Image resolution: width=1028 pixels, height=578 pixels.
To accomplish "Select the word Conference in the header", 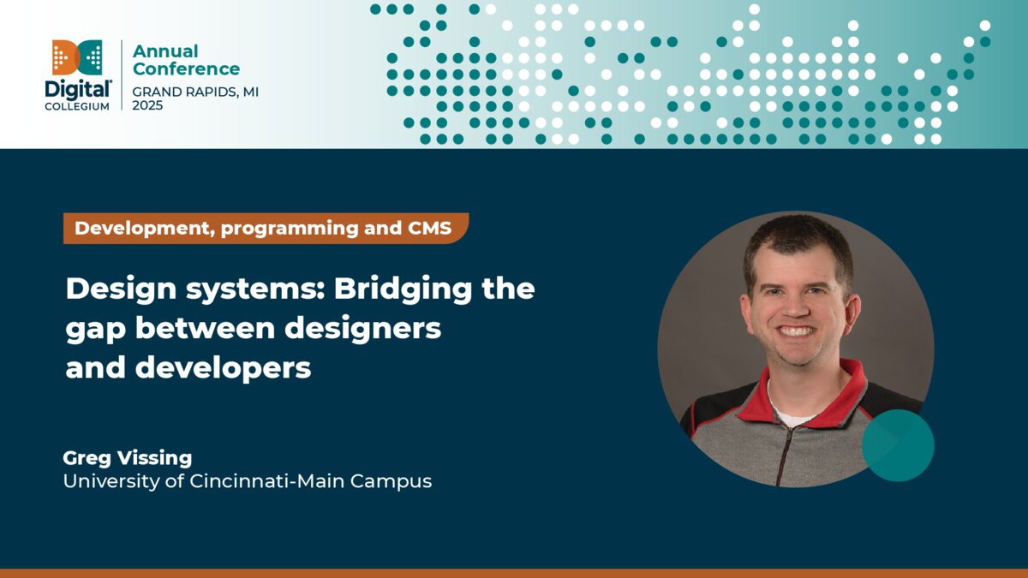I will [186, 69].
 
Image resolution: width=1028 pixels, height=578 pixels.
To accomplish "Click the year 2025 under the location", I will [147, 105].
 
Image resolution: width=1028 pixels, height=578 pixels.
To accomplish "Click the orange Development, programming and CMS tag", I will [265, 229].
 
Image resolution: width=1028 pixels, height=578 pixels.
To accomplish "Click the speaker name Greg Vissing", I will [128, 458].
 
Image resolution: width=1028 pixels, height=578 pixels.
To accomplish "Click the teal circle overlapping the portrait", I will [897, 445].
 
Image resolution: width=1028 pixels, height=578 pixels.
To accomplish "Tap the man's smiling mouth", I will [796, 331].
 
